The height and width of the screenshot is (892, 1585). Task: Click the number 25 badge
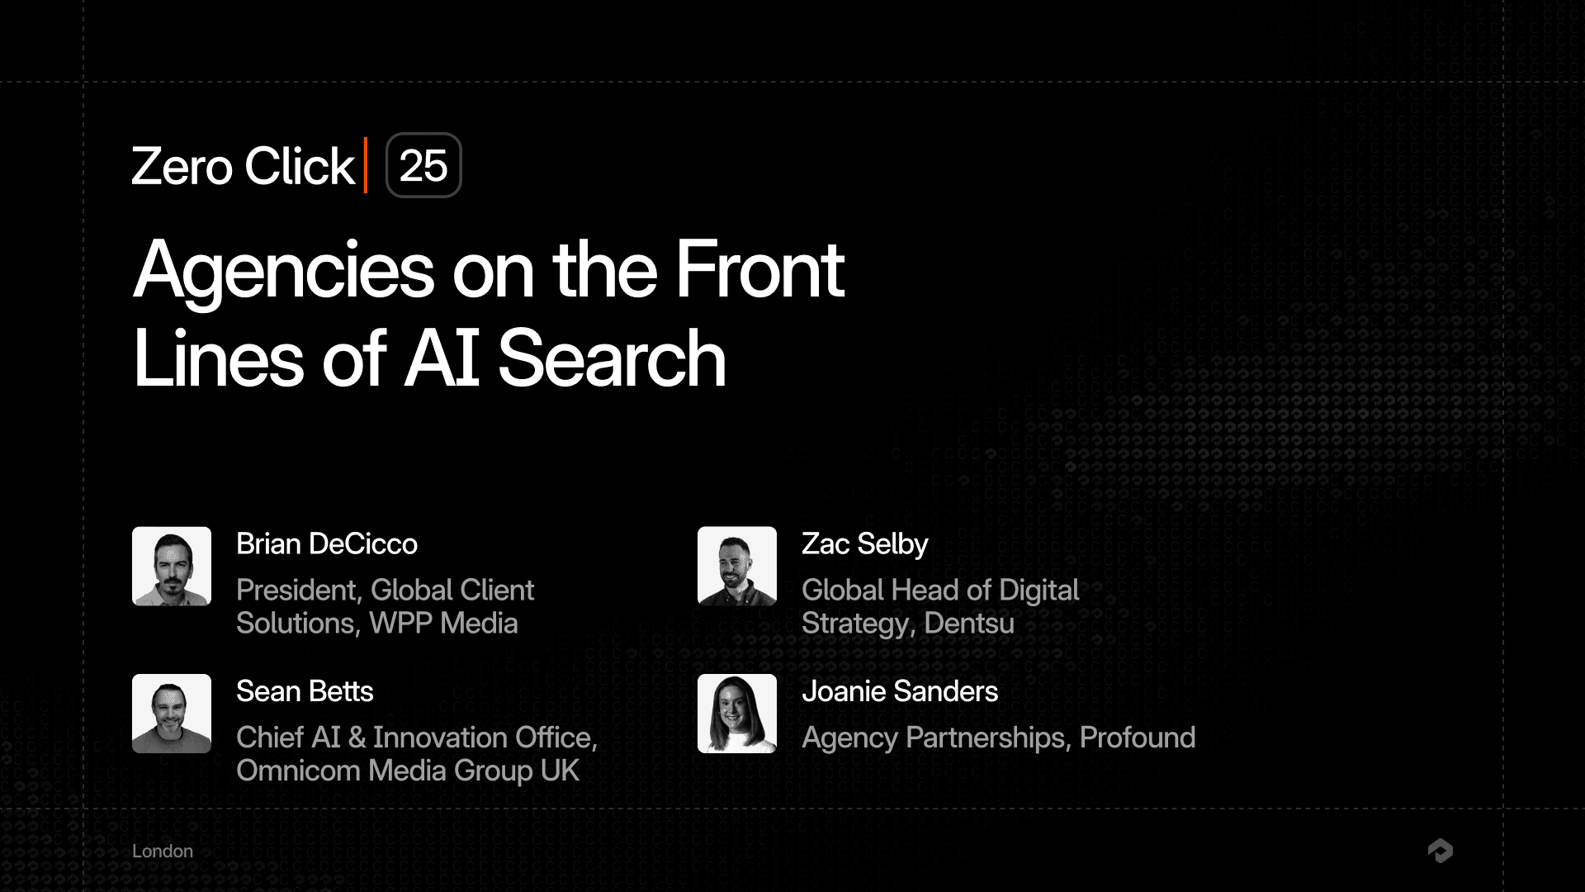(x=423, y=165)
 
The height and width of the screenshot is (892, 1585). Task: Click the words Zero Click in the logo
(x=243, y=166)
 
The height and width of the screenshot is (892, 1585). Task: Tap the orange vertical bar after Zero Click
(x=366, y=165)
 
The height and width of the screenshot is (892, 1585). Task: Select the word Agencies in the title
(x=283, y=270)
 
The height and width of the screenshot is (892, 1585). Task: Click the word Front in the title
(x=759, y=270)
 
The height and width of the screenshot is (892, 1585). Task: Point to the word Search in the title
(x=612, y=358)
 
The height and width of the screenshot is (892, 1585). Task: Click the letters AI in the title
(x=442, y=358)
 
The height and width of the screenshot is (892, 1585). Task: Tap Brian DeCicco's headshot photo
(x=172, y=567)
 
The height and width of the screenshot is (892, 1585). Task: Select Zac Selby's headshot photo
(x=737, y=567)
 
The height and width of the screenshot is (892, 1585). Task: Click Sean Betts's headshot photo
(x=172, y=714)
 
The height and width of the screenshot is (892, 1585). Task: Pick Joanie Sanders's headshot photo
(x=737, y=714)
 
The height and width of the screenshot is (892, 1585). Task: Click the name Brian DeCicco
(x=327, y=544)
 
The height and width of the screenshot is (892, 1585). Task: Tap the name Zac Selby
(x=864, y=544)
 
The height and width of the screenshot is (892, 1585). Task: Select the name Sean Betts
(x=305, y=691)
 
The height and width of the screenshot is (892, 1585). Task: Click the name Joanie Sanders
(x=900, y=691)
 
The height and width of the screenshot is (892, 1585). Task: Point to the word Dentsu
(x=969, y=624)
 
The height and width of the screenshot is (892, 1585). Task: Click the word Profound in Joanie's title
(x=1138, y=738)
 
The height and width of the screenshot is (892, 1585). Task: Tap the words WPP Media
(x=443, y=624)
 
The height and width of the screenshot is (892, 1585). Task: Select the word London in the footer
(x=163, y=852)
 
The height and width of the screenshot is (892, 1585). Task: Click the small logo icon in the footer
(x=1441, y=851)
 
